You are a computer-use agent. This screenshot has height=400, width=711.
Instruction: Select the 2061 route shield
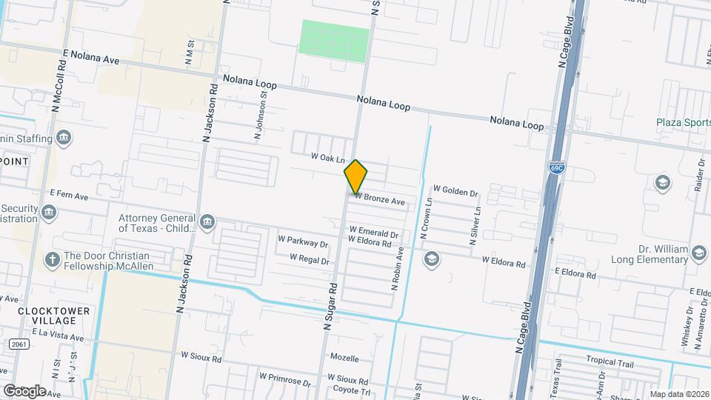click(x=20, y=345)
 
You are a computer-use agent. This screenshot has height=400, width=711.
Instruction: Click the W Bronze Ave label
click(x=379, y=201)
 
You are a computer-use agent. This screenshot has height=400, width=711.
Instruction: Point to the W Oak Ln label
click(x=328, y=158)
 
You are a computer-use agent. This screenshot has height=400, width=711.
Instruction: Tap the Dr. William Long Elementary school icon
click(x=698, y=255)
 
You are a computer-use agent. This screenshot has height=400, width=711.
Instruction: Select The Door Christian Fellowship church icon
click(x=52, y=259)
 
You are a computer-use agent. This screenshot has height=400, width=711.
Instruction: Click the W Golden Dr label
click(x=455, y=191)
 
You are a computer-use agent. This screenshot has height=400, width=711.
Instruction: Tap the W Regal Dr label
click(x=309, y=259)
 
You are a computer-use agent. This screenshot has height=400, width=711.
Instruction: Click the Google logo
click(x=24, y=390)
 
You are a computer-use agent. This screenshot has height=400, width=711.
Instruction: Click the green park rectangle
click(x=334, y=41)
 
